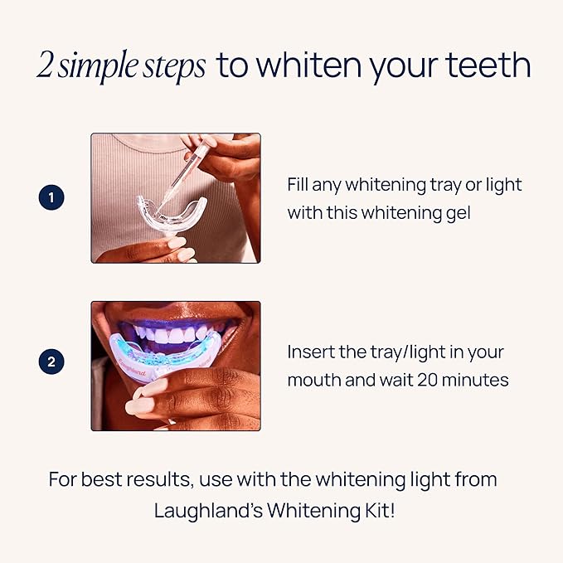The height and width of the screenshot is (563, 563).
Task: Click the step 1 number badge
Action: click(51, 198)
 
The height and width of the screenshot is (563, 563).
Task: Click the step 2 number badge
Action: click(51, 362)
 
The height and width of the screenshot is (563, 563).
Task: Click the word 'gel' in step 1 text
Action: click(456, 213)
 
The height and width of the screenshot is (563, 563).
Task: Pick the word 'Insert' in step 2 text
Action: click(311, 352)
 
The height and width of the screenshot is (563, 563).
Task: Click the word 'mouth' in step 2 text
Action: click(313, 381)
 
